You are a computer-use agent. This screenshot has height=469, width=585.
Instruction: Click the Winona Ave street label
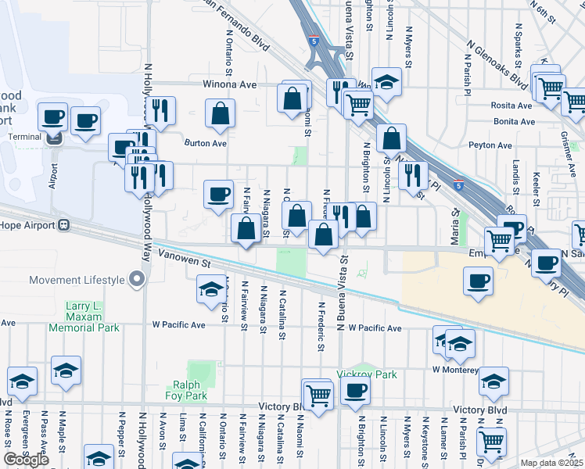pyautogui.click(x=230, y=84)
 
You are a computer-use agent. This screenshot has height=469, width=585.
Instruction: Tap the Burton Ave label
pyautogui.click(x=205, y=144)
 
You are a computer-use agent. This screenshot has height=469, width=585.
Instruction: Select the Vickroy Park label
pyautogui.click(x=371, y=374)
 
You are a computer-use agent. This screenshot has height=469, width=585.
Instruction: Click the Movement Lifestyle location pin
pyautogui.click(x=138, y=279)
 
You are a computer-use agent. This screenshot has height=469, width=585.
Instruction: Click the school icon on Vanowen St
pyautogui.click(x=210, y=289)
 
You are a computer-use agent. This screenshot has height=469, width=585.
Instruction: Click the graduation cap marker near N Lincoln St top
pyautogui.click(x=386, y=81)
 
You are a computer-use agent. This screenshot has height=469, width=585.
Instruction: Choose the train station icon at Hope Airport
pyautogui.click(x=66, y=225)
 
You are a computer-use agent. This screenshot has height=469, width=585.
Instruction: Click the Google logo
pyautogui.click(x=27, y=460)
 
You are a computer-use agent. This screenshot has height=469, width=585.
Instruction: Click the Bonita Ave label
pyautogui.click(x=514, y=122)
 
